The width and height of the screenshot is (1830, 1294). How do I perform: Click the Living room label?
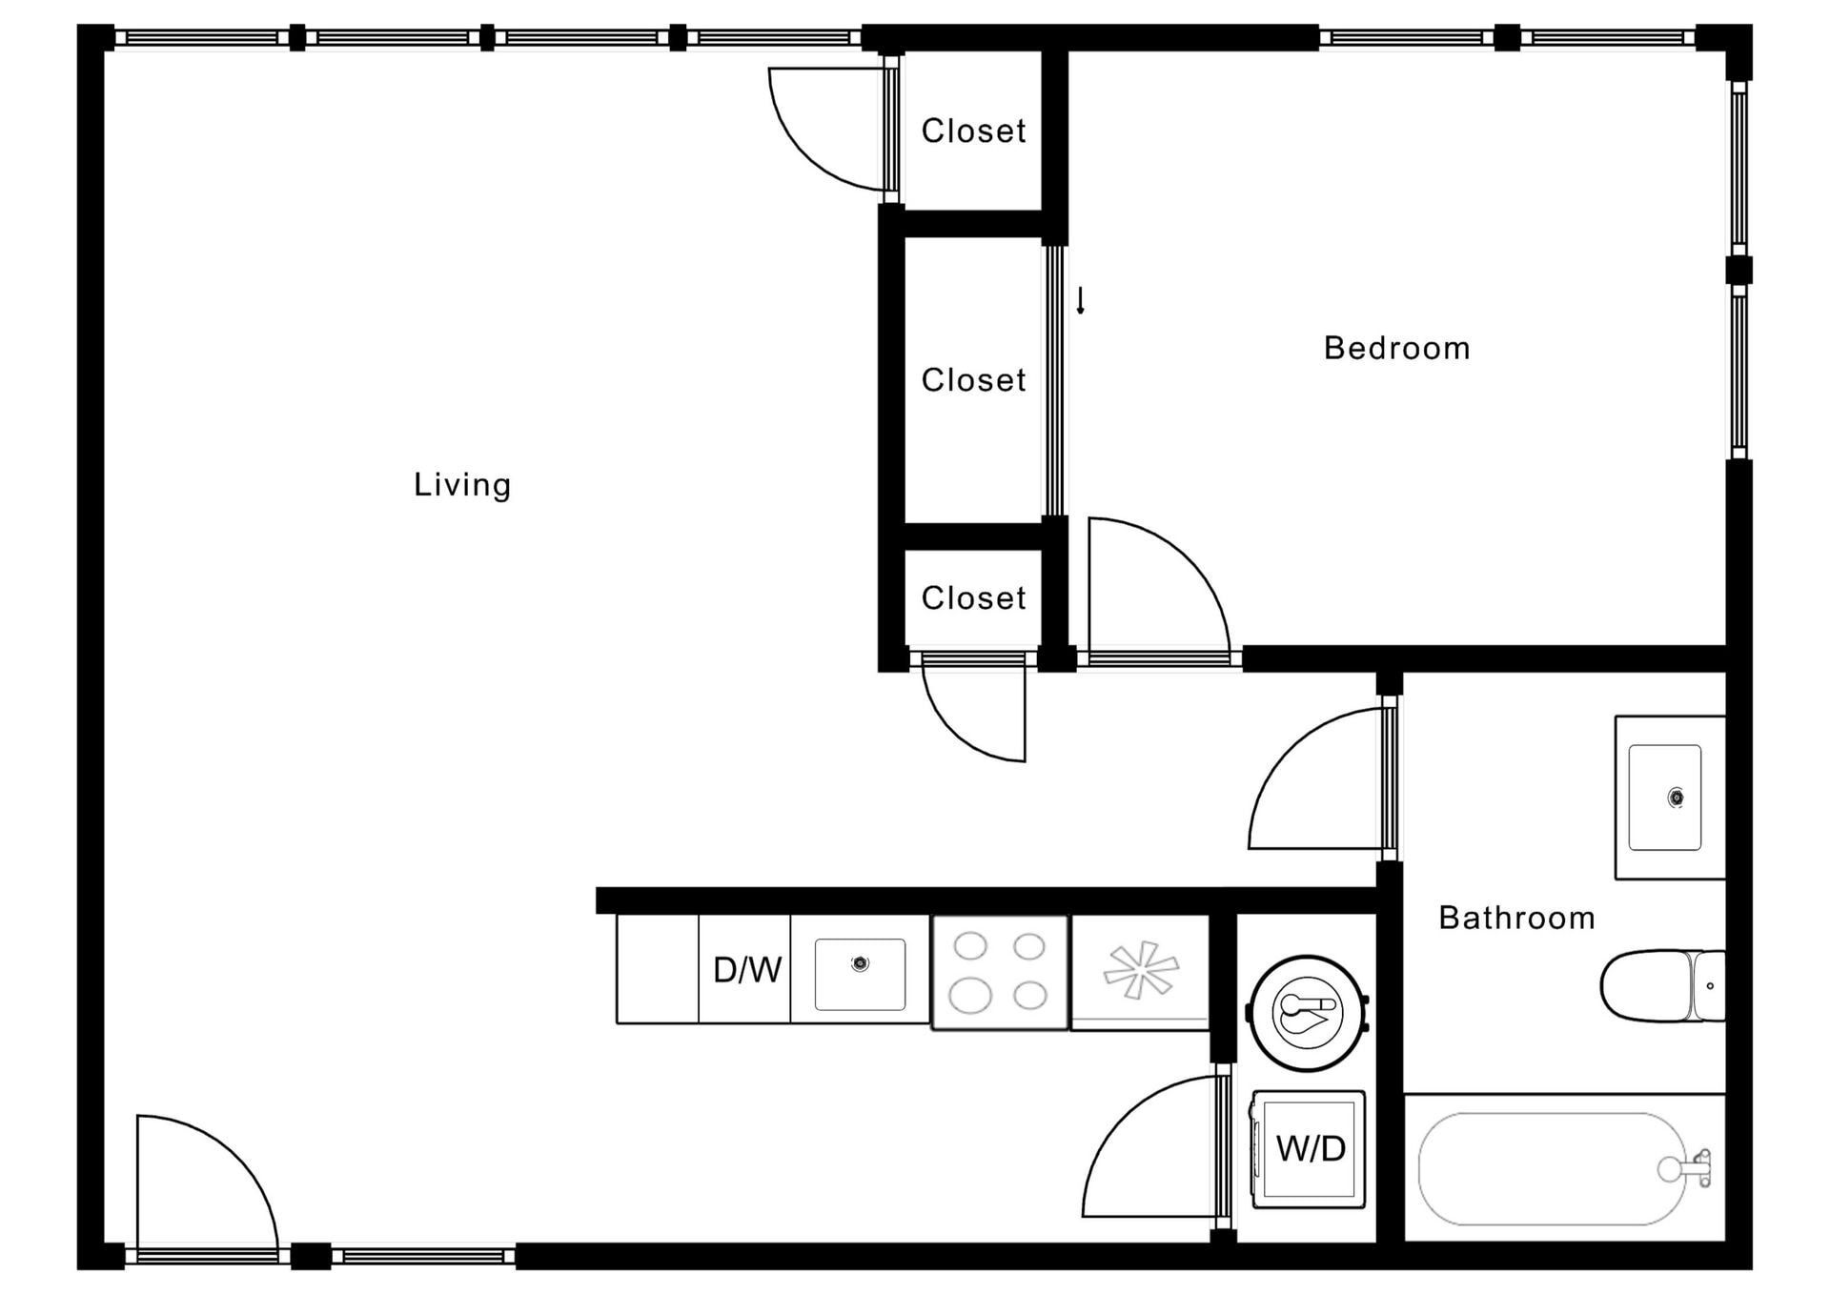point(462,485)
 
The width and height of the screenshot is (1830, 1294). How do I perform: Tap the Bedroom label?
point(1396,348)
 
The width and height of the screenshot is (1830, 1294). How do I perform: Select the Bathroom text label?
point(1516,918)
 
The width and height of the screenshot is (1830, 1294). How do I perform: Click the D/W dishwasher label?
point(747,970)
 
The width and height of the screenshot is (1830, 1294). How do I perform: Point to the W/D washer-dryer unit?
point(1309,1148)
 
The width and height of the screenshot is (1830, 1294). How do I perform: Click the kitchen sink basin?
point(860,974)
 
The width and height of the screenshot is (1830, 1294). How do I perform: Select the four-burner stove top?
point(999,972)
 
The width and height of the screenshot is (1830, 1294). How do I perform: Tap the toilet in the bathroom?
point(1658,985)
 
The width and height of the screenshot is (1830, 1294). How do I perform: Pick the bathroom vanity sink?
point(1664,798)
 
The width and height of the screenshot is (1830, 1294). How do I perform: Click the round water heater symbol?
point(1308,1012)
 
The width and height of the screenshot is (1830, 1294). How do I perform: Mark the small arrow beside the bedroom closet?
point(1080,301)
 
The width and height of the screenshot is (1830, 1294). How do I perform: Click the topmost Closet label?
point(973,131)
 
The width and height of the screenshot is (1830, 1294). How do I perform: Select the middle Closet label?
point(973,380)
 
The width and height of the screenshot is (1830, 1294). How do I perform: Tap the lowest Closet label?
point(973,598)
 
